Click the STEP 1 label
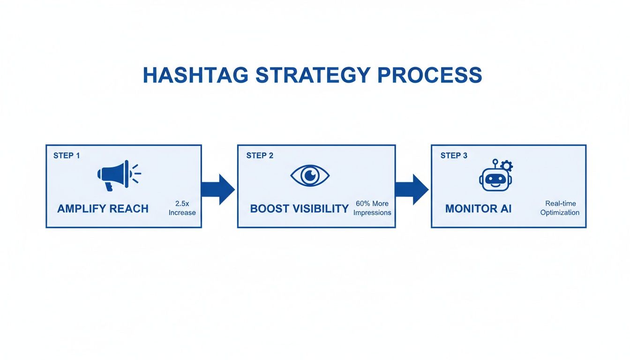coord(67,156)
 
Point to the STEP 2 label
coord(260,156)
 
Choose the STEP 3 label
coord(454,156)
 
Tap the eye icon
coord(310,176)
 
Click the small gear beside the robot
coord(507,165)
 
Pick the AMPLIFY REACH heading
coord(103,209)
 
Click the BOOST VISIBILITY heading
coord(299,209)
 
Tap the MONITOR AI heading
coord(478,209)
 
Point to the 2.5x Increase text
coord(182,208)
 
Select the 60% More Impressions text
coord(372,208)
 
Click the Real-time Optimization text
coord(560,208)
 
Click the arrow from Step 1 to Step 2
coord(218,189)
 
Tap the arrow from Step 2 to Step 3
coord(412,189)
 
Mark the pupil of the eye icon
coord(310,176)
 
